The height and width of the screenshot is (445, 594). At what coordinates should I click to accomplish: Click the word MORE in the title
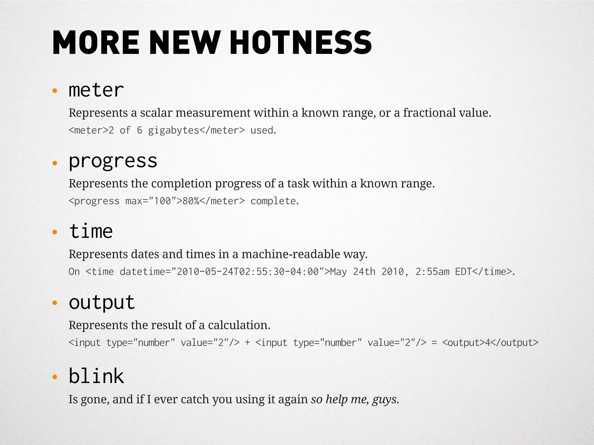tap(96, 43)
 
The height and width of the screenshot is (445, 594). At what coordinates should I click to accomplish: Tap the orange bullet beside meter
tap(55, 91)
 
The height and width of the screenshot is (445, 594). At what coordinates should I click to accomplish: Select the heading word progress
tap(113, 161)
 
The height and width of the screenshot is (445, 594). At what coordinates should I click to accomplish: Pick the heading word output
tap(102, 302)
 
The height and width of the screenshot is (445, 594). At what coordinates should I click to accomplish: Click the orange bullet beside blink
tap(55, 377)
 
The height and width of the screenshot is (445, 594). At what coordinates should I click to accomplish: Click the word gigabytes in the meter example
tap(173, 130)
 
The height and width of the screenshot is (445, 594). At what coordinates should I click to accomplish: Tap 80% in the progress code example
tap(191, 201)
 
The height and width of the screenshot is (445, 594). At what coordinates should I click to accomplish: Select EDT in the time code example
tap(463, 271)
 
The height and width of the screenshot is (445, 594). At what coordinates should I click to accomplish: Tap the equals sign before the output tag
tap(434, 343)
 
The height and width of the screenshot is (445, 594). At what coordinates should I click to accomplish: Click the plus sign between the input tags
tap(247, 343)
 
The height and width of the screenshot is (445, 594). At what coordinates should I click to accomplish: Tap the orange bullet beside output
tap(55, 303)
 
